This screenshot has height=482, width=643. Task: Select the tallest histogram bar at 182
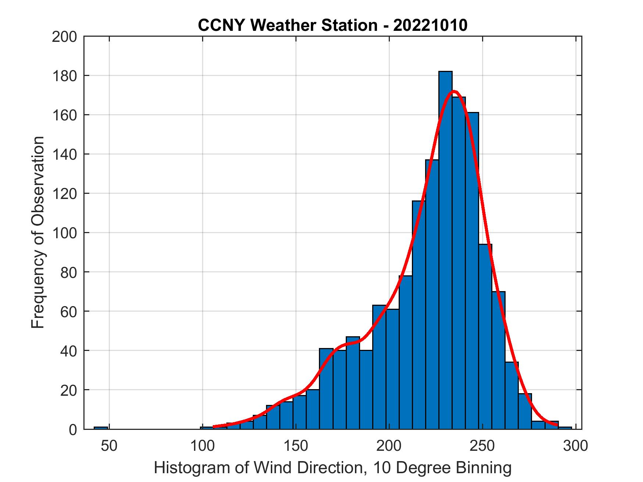445,250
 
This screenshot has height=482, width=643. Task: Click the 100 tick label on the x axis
202,446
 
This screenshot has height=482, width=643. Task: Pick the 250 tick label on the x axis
482,446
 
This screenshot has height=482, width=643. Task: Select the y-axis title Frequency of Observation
38,232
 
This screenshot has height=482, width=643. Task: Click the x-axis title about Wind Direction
333,468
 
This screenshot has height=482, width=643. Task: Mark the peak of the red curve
454,91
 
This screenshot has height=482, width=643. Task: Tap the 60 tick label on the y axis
69,312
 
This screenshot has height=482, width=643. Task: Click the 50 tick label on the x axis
109,446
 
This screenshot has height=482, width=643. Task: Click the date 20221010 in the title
430,25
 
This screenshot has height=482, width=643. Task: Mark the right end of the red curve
557,425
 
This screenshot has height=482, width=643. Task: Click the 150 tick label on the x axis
296,446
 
